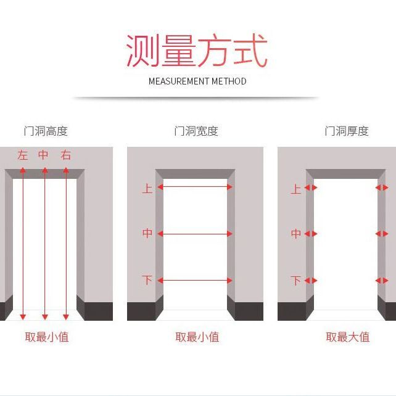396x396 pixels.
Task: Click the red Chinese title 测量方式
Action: (197, 51)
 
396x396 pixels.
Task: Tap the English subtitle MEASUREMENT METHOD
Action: (197, 81)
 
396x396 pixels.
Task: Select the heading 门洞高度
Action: (46, 131)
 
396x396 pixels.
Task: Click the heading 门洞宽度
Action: (196, 131)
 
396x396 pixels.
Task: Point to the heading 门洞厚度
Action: (347, 131)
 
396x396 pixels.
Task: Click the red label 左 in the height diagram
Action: (22, 155)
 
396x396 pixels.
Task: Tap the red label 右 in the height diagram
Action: (65, 155)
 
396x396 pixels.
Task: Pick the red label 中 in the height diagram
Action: (43, 155)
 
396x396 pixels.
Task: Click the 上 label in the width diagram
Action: (147, 189)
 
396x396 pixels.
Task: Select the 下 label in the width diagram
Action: (147, 280)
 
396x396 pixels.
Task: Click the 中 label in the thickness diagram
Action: (296, 234)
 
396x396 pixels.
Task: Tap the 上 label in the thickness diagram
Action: (296, 189)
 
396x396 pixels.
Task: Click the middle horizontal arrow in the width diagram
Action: (195, 234)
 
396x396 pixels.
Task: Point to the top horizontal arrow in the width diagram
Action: (195, 187)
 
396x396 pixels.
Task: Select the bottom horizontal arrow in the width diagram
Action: (195, 280)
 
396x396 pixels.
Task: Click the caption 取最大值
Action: (348, 337)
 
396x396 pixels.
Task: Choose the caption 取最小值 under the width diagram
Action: (197, 337)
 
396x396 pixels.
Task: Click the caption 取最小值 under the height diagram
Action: (47, 337)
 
